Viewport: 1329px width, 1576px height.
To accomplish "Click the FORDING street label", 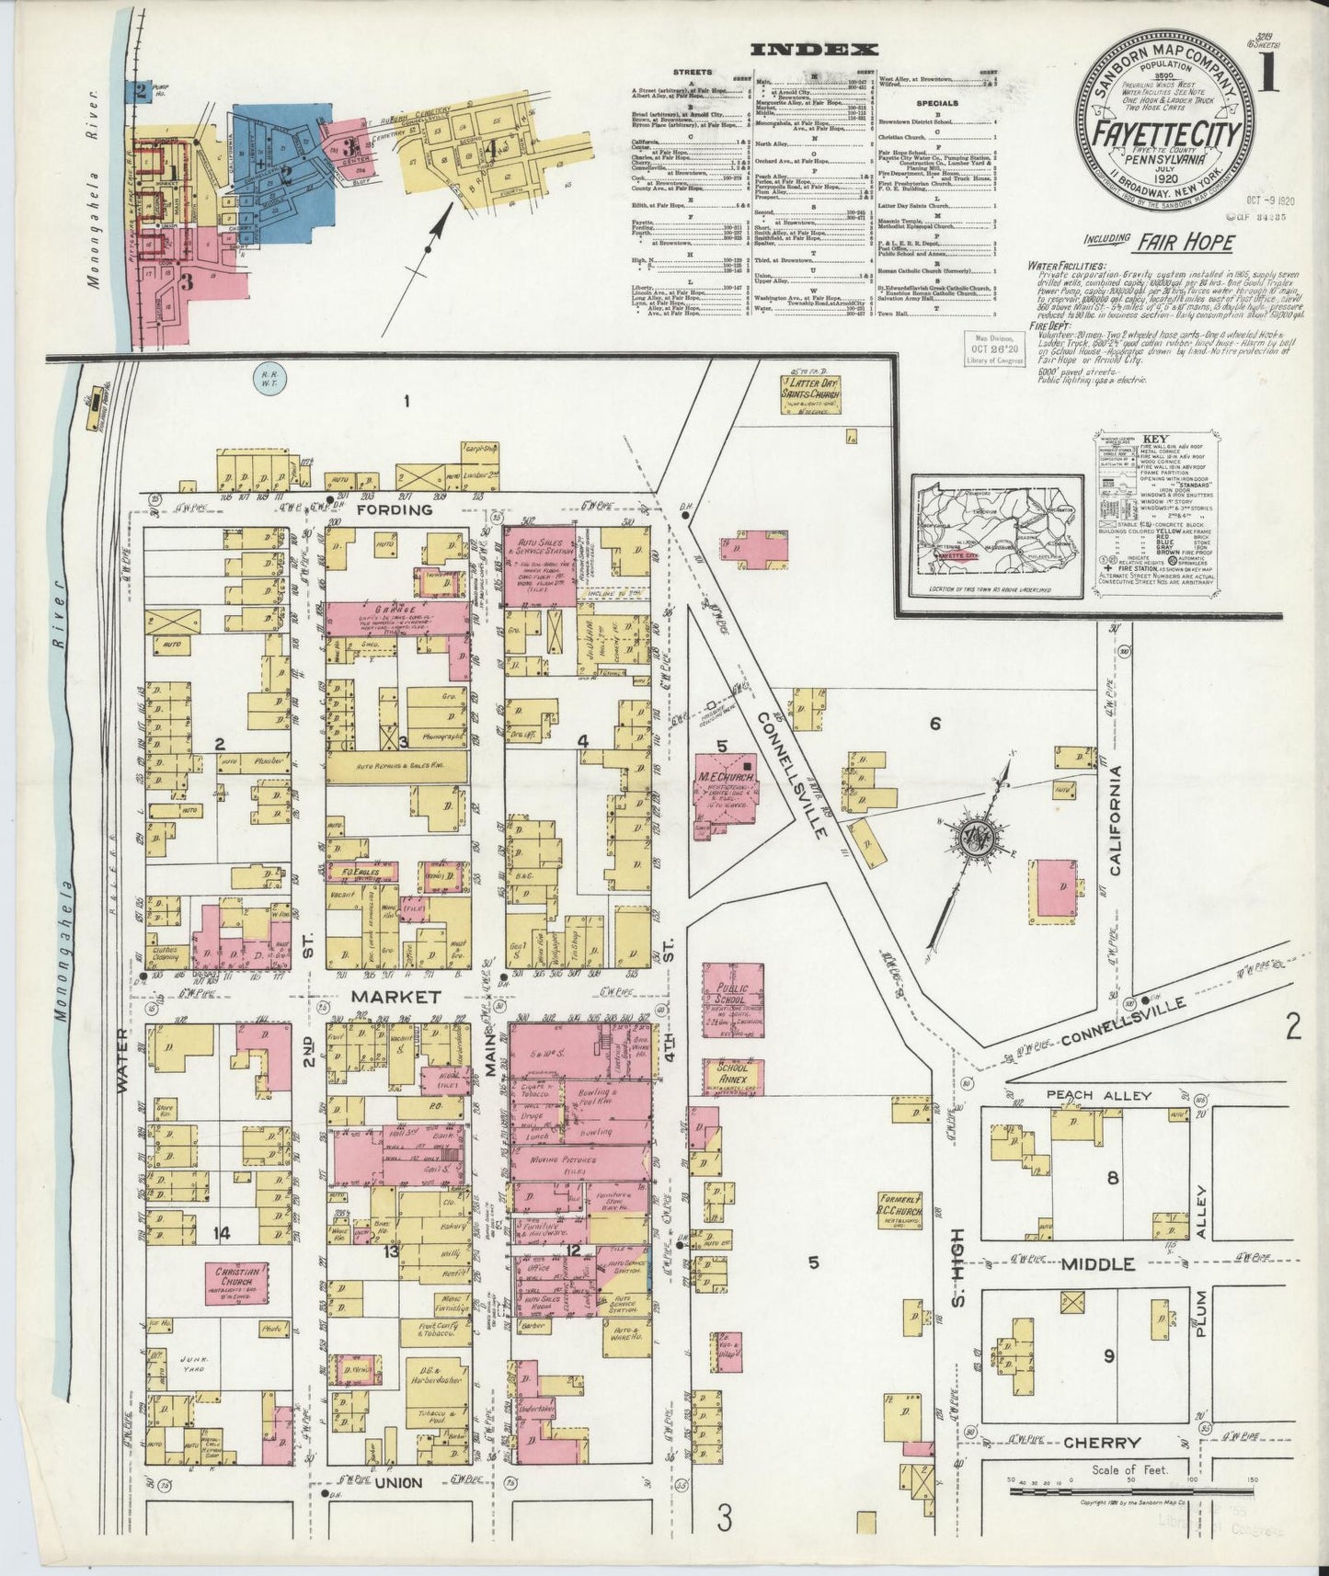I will click(395, 509).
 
